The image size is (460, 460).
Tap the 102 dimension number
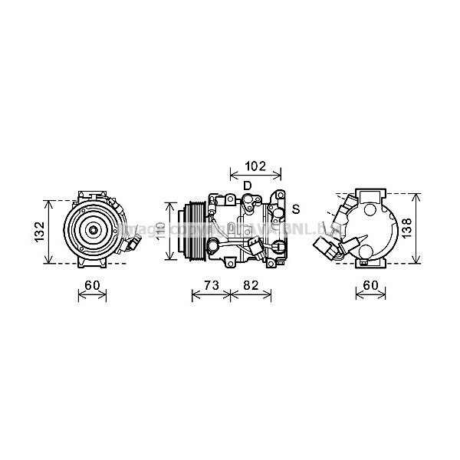255,164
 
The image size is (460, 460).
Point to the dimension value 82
251,286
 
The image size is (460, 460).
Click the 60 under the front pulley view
92,286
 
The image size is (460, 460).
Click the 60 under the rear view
370,286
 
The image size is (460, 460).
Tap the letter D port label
247,186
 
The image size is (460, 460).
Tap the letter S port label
295,209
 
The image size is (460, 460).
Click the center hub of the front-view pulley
91,228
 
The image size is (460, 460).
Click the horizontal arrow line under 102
255,174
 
